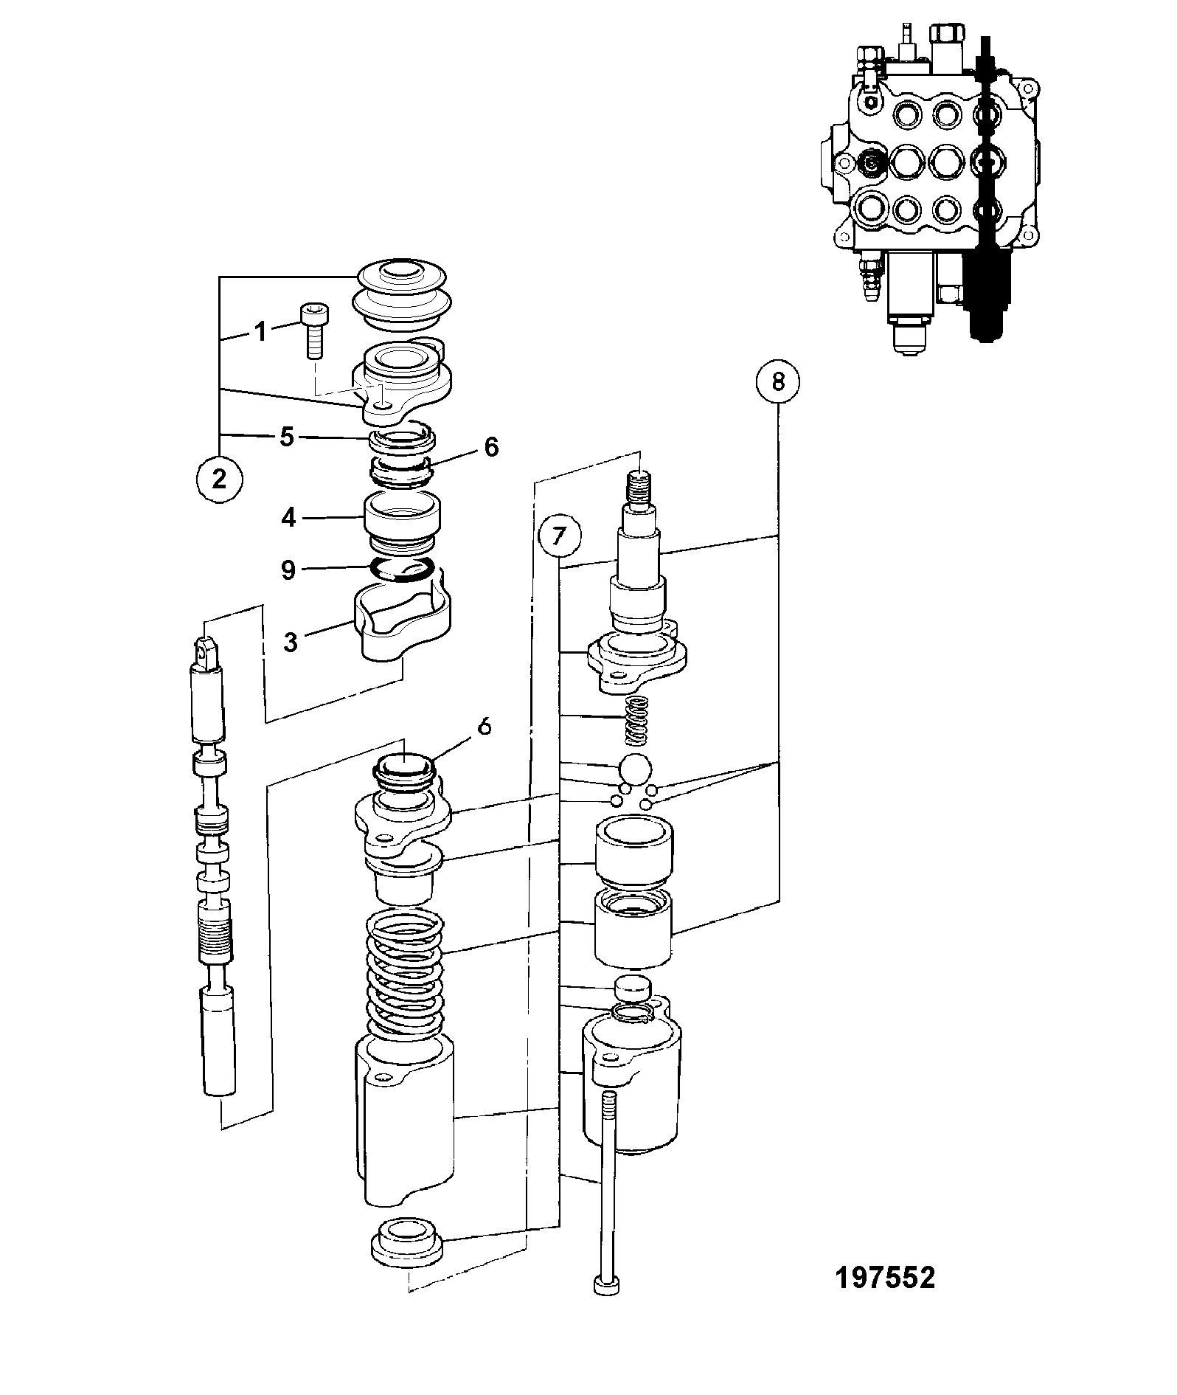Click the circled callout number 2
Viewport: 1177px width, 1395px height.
(x=219, y=479)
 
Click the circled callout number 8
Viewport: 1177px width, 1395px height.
(x=777, y=383)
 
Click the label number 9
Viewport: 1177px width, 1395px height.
(x=288, y=570)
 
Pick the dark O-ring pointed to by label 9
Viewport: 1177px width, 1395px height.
(x=402, y=570)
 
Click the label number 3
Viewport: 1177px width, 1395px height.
(x=291, y=642)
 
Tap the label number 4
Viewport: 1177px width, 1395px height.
(x=288, y=518)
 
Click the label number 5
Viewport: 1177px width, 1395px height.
(x=287, y=437)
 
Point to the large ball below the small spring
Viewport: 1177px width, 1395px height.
(x=636, y=770)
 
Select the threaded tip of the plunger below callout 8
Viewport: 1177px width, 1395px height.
(x=639, y=487)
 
